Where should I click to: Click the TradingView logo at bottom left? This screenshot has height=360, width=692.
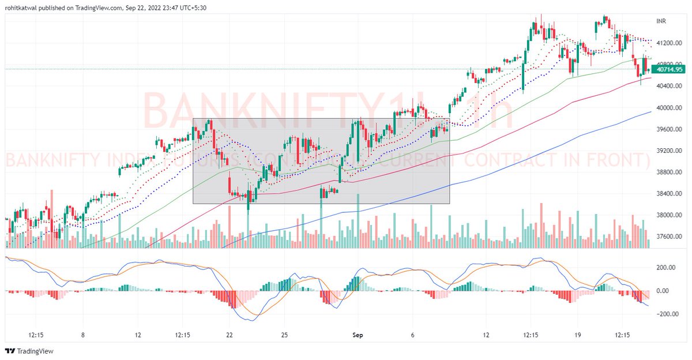[29, 351]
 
